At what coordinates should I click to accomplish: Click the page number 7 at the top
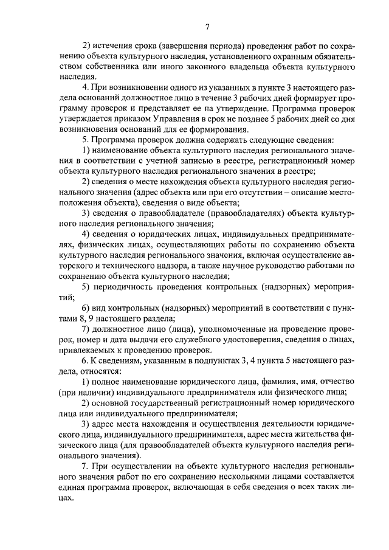207,26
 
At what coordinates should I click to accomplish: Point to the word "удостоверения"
233,339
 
